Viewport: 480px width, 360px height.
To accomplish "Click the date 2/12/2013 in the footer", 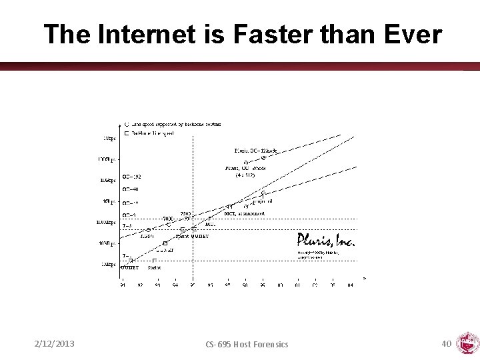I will click(55, 343).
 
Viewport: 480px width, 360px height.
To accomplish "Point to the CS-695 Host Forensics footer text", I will click(248, 344).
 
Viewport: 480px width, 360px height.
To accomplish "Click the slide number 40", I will click(447, 343).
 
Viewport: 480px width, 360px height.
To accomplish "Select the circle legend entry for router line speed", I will click(173, 125).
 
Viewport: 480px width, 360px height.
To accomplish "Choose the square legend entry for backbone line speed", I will click(155, 133).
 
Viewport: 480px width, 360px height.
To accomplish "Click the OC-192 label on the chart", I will click(132, 177).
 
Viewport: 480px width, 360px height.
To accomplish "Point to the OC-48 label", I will click(131, 189).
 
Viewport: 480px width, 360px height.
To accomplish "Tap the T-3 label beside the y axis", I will click(127, 226).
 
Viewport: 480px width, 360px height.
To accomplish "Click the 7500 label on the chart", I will click(186, 214).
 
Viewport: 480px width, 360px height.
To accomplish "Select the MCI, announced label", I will click(245, 214).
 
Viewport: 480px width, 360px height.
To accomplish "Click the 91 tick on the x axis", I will click(123, 285).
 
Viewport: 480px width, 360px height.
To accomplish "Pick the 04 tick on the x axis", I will click(350, 285).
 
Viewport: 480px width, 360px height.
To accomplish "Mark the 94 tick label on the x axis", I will click(175, 285).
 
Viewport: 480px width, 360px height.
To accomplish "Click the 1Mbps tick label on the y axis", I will click(109, 265).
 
